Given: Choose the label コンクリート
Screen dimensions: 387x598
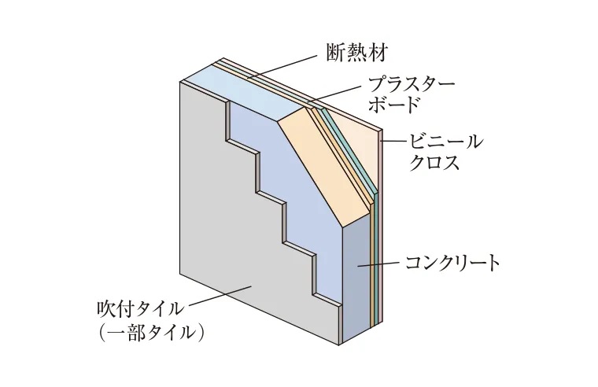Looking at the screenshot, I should coord(452,262).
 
